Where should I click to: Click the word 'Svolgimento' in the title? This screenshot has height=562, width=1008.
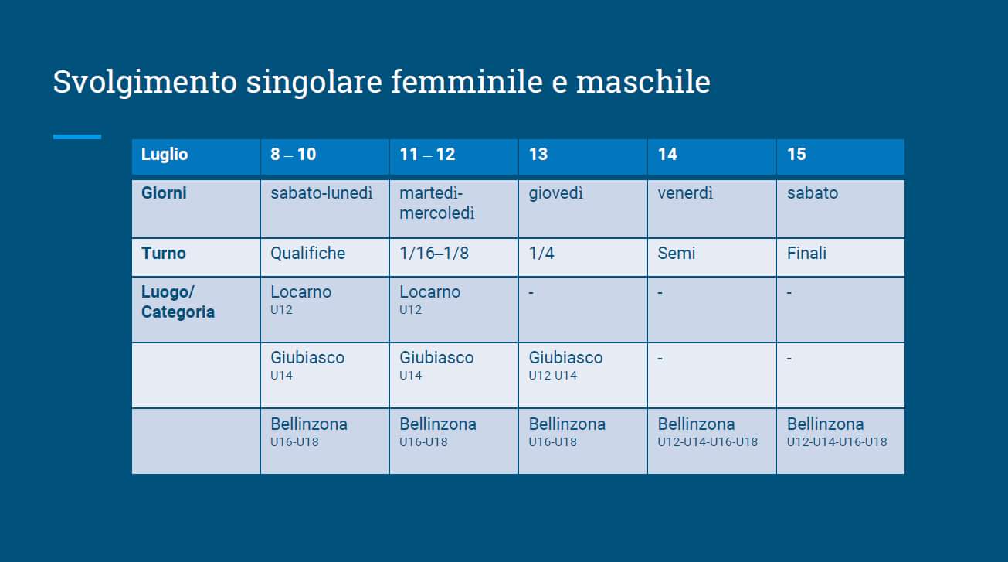pos(145,83)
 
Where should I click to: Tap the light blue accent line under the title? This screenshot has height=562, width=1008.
pos(77,137)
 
